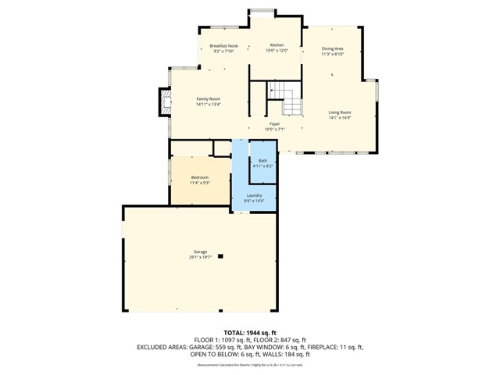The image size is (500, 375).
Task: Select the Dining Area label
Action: pyautogui.click(x=333, y=49)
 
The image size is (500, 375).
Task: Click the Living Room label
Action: pyautogui.click(x=339, y=112)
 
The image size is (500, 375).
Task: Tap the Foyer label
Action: pyautogui.click(x=275, y=124)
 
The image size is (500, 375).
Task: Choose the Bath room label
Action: pyautogui.click(x=262, y=161)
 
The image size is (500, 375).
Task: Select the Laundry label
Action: pyautogui.click(x=254, y=195)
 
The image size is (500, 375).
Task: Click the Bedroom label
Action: pyautogui.click(x=200, y=177)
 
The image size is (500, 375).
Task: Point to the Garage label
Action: pyautogui.click(x=200, y=252)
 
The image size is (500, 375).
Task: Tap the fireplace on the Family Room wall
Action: pyautogui.click(x=165, y=100)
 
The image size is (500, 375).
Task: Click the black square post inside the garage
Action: pyautogui.click(x=221, y=255)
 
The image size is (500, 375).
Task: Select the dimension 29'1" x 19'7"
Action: pyautogui.click(x=200, y=257)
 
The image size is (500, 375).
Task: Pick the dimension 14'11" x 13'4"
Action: pyautogui.click(x=209, y=104)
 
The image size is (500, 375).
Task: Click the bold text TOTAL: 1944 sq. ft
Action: pyautogui.click(x=250, y=333)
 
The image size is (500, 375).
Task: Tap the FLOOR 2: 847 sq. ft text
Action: pyautogui.click(x=286, y=340)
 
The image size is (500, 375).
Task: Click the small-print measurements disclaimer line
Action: pyautogui.click(x=250, y=364)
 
